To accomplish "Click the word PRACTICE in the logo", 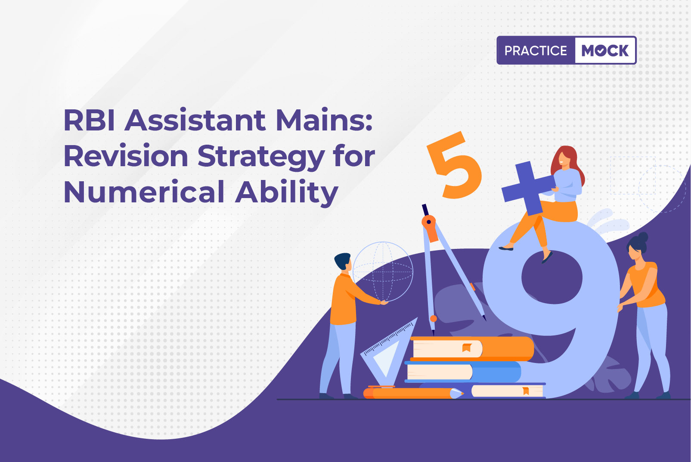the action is click(x=536, y=50).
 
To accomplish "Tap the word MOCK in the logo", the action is click(x=605, y=50).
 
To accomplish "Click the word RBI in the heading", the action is click(x=90, y=120).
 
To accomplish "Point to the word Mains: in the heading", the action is click(x=324, y=120).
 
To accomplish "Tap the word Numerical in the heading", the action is click(x=144, y=192).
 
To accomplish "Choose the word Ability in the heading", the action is click(x=287, y=193).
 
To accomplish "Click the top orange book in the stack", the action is click(x=472, y=348).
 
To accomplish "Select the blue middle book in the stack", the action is click(x=463, y=372).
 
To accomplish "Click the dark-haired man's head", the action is click(x=343, y=261).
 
